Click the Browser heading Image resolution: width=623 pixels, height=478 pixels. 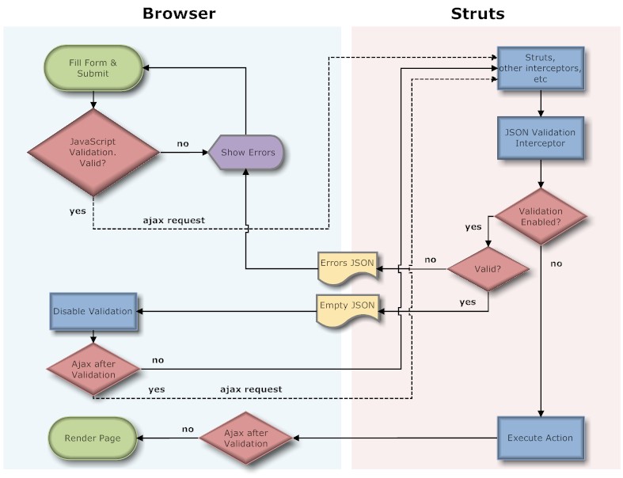(178, 13)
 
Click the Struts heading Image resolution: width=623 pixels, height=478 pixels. (477, 13)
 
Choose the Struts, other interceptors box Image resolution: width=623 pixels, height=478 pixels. (541, 68)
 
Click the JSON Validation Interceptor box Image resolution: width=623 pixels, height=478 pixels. (541, 138)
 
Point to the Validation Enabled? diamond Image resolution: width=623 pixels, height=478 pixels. (541, 217)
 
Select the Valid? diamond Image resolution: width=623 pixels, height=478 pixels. (488, 268)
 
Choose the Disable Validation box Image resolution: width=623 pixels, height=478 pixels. (93, 311)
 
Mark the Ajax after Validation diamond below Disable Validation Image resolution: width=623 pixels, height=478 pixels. (93, 368)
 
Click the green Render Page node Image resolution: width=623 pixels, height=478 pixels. (93, 437)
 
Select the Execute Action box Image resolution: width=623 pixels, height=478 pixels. (541, 437)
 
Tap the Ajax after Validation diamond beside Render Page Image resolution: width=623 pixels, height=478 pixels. (246, 437)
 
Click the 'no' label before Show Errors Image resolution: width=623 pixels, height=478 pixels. (183, 143)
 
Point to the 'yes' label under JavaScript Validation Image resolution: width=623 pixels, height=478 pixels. (77, 211)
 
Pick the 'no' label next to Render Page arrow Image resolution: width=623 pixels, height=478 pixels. (188, 429)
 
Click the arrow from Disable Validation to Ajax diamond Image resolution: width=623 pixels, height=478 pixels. (93, 336)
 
